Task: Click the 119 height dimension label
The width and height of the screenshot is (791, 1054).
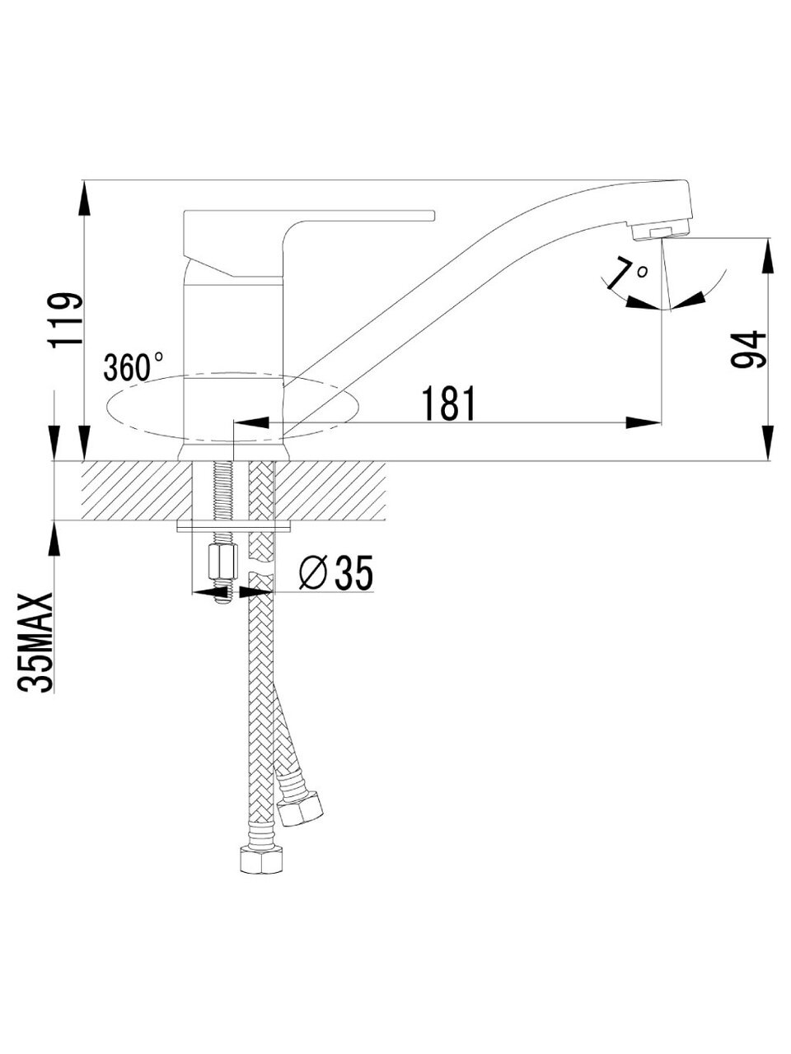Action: point(65,319)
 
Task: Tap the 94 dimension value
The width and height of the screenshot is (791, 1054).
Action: point(747,349)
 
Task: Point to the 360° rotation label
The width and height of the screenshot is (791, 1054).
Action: point(133,367)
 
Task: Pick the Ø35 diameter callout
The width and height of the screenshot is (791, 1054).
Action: point(335,573)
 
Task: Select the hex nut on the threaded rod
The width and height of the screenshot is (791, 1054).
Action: point(223,562)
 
